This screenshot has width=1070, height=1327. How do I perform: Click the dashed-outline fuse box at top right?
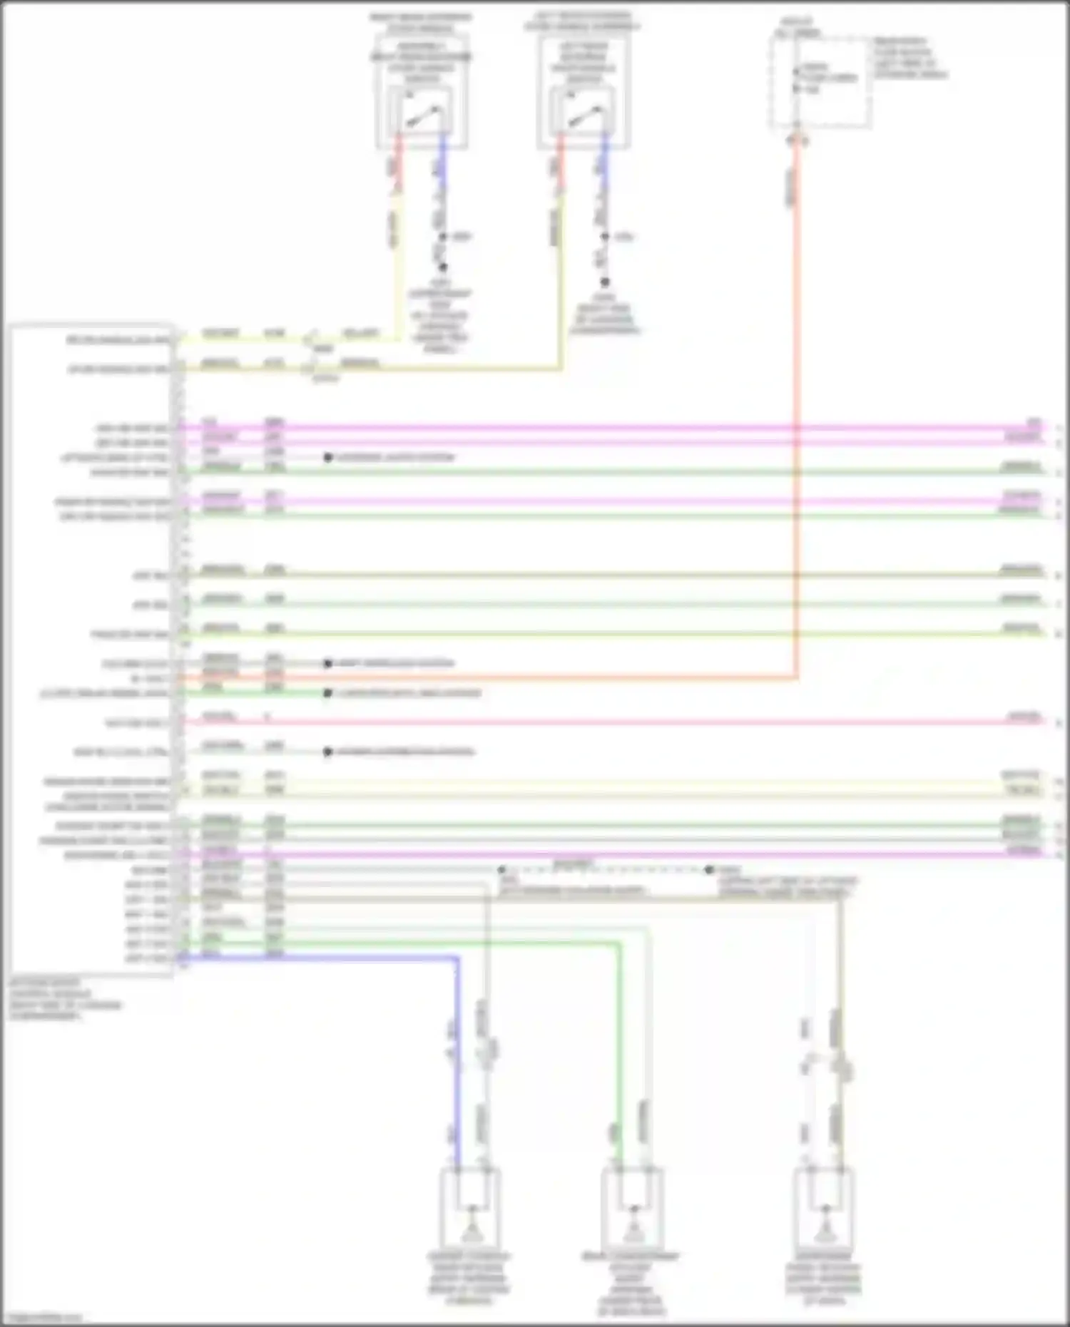820,83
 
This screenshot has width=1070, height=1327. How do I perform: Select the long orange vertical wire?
796,428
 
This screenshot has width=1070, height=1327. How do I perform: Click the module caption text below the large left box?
64,999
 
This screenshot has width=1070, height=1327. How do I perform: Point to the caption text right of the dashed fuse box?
910,58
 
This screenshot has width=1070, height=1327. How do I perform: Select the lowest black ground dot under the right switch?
605,282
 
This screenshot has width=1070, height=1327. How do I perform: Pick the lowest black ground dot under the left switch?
443,267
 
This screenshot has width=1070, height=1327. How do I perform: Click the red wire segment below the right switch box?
560,164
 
